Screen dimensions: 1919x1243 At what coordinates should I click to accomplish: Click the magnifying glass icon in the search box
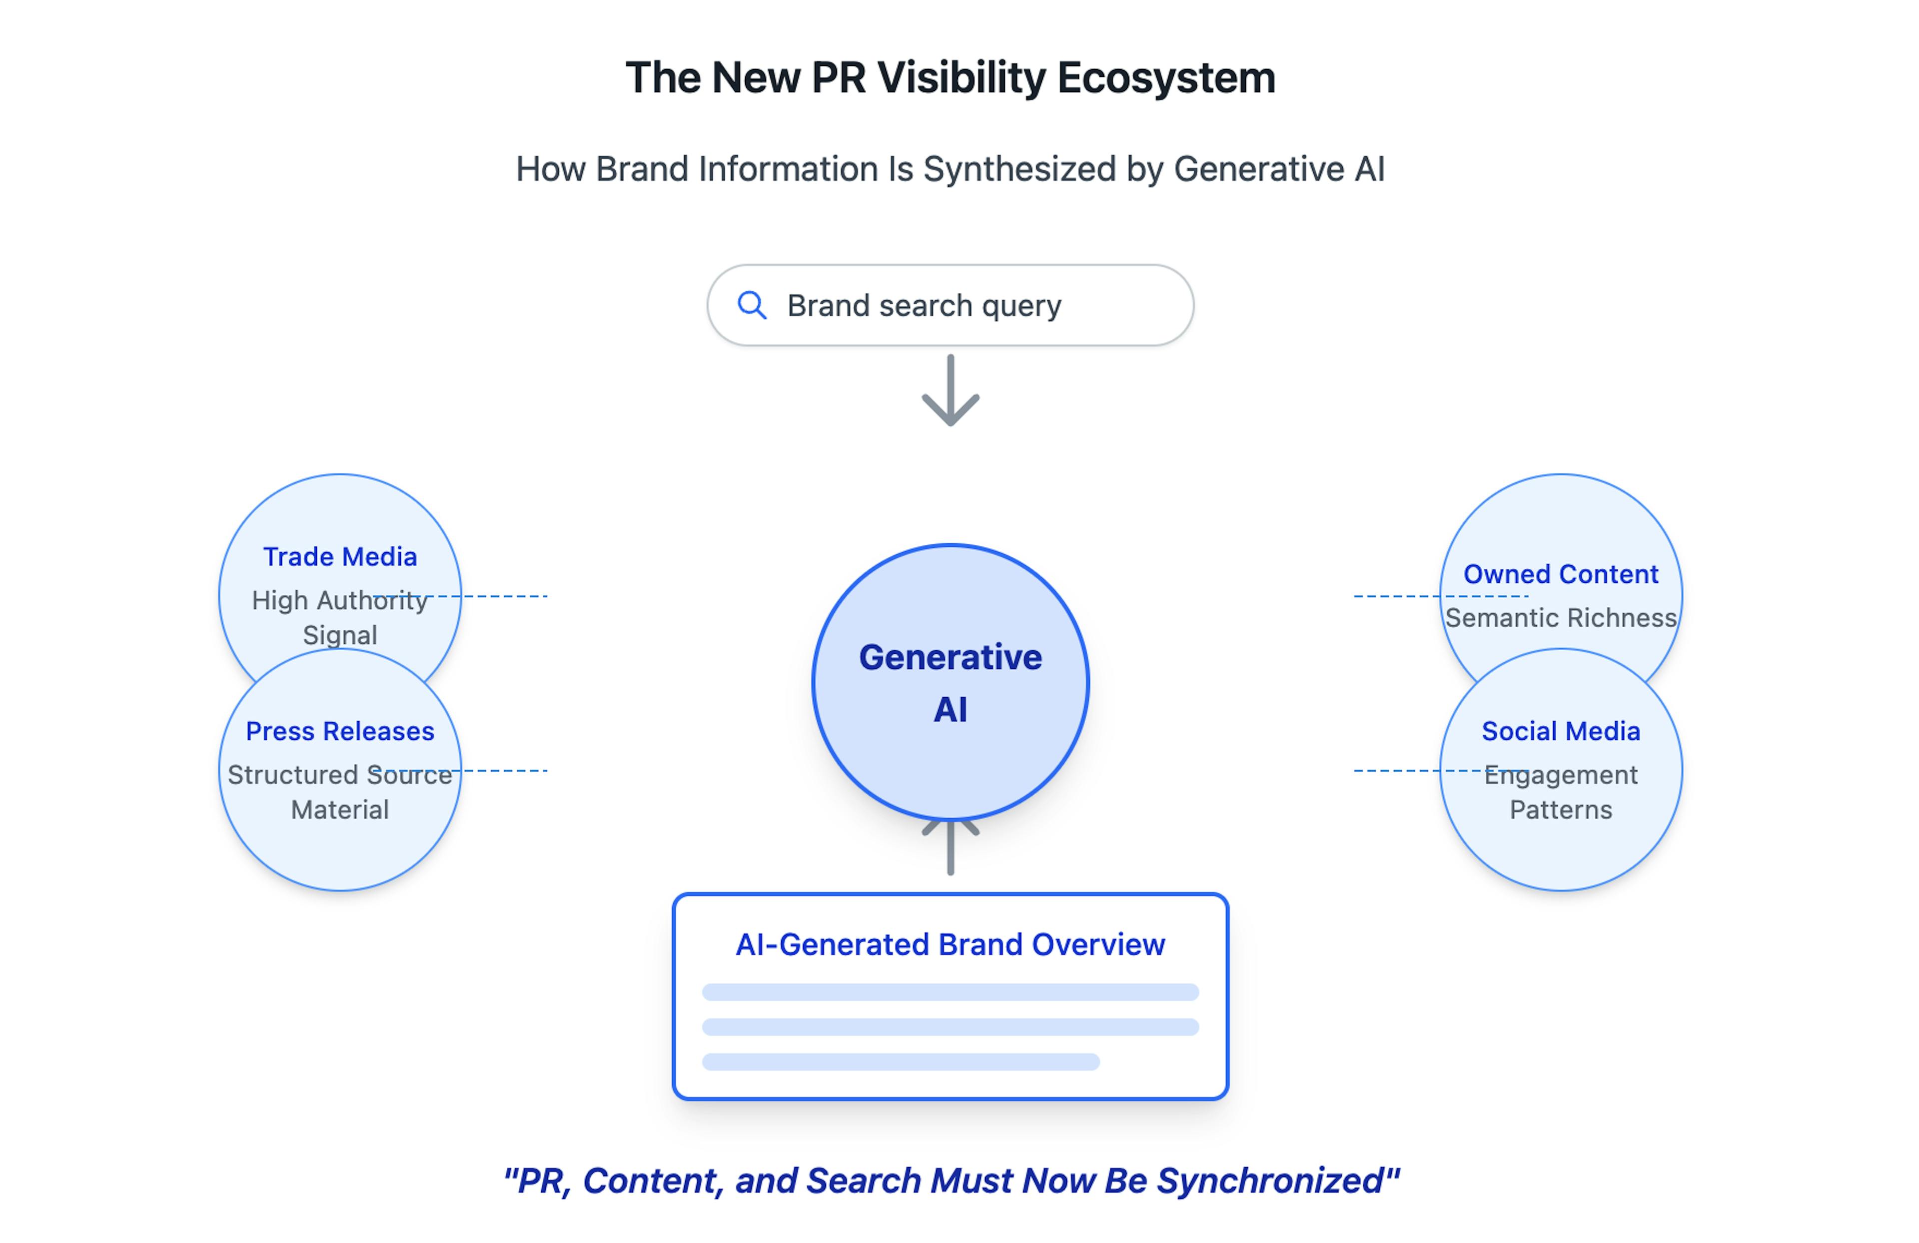[752, 306]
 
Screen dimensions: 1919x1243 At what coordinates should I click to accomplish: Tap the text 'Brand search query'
[924, 306]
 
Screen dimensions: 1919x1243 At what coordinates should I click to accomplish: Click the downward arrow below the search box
[951, 390]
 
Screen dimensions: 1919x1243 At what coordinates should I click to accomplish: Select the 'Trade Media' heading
[340, 557]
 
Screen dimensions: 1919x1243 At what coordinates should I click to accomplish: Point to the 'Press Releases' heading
[340, 731]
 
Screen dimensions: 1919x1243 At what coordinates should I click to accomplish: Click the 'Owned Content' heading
[1561, 574]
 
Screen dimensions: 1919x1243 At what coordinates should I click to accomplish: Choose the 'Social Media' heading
[1561, 731]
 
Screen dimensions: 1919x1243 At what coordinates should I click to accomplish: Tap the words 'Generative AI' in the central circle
[951, 683]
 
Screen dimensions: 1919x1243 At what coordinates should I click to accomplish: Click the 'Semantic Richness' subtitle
[1561, 618]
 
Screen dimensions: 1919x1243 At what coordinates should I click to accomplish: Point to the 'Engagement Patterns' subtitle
[1561, 792]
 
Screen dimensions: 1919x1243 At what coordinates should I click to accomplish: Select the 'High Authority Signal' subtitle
[340, 618]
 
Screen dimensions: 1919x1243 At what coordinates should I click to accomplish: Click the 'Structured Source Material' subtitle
[340, 792]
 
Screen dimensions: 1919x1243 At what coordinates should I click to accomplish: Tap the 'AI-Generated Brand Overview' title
[951, 945]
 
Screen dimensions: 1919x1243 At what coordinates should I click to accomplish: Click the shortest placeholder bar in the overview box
[901, 1062]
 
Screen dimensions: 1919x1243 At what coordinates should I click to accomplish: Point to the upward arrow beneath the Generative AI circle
[951, 848]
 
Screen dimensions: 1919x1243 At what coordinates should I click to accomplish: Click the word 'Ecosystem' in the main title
[1166, 79]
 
